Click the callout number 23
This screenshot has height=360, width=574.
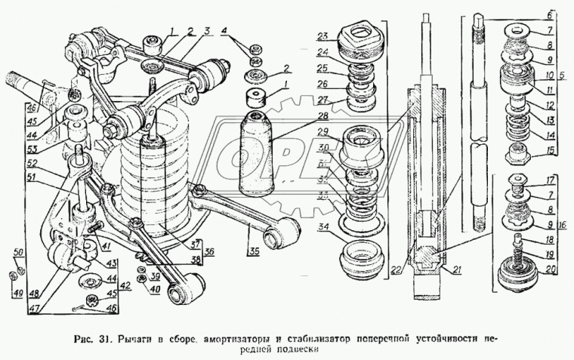click(x=322, y=35)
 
